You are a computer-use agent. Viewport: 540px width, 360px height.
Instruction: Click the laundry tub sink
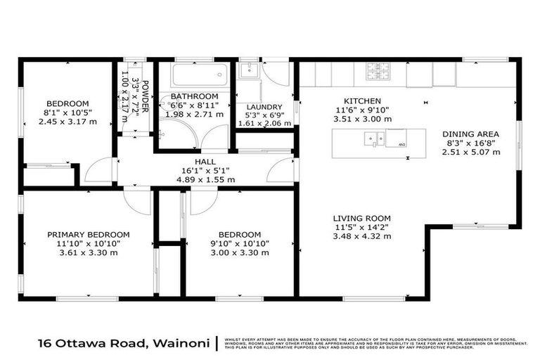[248, 70]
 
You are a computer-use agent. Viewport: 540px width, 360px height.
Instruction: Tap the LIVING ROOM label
[361, 218]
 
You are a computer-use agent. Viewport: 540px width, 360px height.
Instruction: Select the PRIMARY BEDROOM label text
[89, 235]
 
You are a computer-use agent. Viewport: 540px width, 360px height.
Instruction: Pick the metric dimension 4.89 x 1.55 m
[205, 179]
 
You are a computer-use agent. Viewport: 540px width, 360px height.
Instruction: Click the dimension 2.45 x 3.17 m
[67, 122]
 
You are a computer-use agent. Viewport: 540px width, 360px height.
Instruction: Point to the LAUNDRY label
[264, 107]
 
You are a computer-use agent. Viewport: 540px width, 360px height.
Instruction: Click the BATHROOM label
[194, 96]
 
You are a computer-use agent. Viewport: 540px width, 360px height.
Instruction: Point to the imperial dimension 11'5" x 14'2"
[361, 227]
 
